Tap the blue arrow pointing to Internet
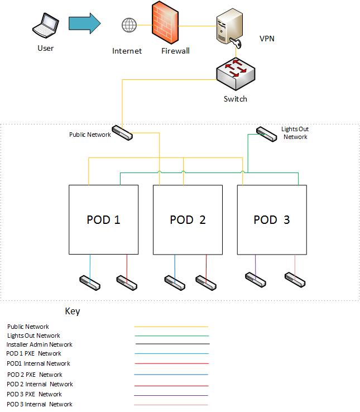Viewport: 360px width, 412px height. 84,23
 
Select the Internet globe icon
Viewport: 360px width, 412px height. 129,25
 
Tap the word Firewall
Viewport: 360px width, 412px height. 175,51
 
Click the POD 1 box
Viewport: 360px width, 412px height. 103,219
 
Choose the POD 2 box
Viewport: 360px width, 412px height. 188,219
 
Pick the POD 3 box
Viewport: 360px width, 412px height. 272,219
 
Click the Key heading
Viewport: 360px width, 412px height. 73,312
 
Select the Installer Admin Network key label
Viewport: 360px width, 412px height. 39,344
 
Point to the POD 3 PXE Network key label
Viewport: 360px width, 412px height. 34,394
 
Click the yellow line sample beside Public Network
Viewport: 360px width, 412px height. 171,327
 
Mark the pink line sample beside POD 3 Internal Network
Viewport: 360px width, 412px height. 171,405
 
